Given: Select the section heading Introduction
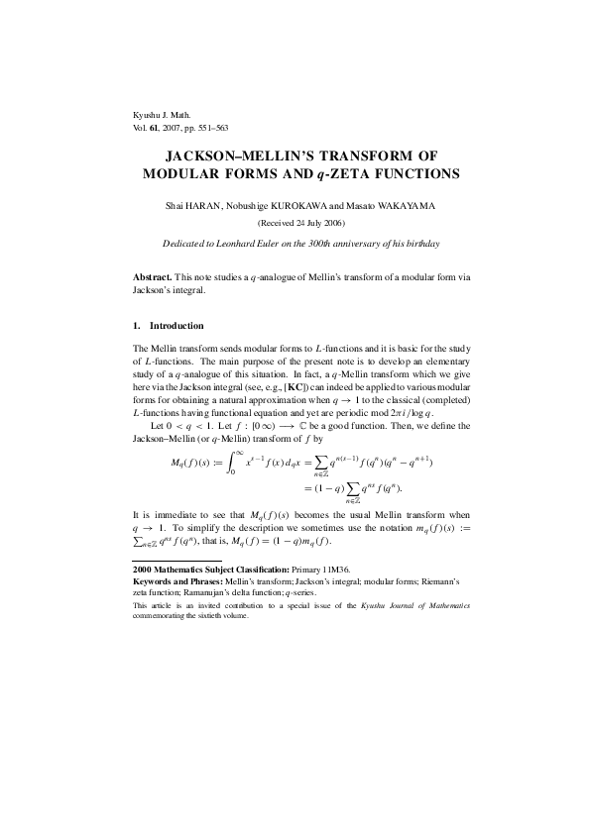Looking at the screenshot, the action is (177, 326).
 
